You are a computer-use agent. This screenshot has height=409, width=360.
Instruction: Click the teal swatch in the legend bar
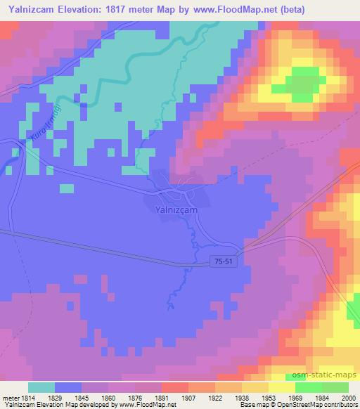(41, 387)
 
